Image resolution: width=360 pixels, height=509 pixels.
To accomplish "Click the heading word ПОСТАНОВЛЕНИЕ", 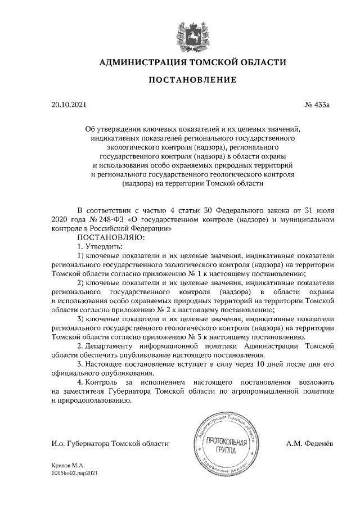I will click(192, 80).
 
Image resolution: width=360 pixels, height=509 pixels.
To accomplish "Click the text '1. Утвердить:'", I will click(98, 246).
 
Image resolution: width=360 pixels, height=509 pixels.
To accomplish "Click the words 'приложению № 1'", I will click(183, 274).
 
